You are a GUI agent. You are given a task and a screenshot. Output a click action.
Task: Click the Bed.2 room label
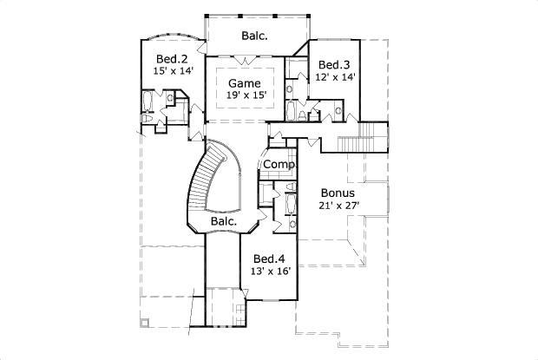[x=172, y=59]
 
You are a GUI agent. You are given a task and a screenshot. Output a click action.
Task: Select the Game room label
[x=245, y=83]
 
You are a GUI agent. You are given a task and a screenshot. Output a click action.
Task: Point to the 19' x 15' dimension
[x=246, y=95]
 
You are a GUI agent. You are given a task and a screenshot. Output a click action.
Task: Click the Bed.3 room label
[x=334, y=65]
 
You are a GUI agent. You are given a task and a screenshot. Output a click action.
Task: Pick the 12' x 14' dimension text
[x=335, y=77]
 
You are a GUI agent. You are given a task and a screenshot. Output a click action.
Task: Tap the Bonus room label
[x=338, y=193]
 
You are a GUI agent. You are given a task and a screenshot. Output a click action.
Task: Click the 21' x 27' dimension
[x=339, y=206]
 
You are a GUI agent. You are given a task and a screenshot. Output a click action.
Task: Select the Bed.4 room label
[x=269, y=259]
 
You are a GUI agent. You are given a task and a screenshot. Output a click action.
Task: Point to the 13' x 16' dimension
[x=271, y=272]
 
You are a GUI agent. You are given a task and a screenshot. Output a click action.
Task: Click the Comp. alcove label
[x=279, y=165]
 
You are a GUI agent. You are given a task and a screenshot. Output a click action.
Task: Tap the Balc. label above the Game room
[x=254, y=36]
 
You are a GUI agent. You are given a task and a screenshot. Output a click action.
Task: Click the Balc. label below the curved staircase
[x=224, y=221]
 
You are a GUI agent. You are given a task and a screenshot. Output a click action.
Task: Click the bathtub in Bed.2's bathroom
[x=147, y=101]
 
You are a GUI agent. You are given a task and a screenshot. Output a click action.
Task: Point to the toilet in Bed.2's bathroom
[x=147, y=118]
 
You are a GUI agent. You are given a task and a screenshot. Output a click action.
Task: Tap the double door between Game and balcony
[x=245, y=60]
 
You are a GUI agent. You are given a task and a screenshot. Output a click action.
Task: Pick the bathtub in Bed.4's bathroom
[x=291, y=205]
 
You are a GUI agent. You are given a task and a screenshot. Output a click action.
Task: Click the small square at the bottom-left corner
[x=144, y=323]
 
